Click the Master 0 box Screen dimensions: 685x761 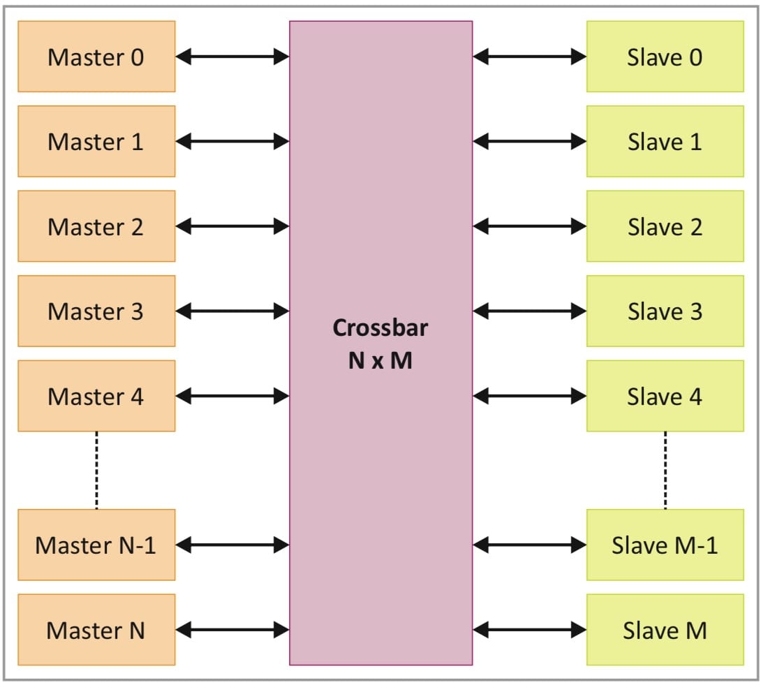[x=96, y=57]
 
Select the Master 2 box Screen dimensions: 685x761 [x=96, y=226]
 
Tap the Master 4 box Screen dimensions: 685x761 [x=96, y=396]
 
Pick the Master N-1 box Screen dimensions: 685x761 [x=96, y=545]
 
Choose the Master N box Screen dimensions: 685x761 [x=96, y=630]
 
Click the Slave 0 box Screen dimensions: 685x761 [x=665, y=57]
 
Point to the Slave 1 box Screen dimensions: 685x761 [x=665, y=141]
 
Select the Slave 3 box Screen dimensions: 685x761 [x=665, y=311]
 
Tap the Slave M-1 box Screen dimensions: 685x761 [x=665, y=545]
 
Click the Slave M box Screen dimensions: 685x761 [x=665, y=630]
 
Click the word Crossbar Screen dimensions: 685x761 [x=380, y=327]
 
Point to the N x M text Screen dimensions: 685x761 [x=380, y=362]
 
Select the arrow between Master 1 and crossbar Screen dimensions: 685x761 [x=232, y=142]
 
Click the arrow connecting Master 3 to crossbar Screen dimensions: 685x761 [x=232, y=311]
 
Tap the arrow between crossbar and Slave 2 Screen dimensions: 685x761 [x=529, y=226]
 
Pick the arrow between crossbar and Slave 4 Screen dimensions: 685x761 [x=529, y=396]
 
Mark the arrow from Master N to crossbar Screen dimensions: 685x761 [x=232, y=630]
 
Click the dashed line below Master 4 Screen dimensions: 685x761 [x=96, y=470]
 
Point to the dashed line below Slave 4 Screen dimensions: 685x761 [x=665, y=470]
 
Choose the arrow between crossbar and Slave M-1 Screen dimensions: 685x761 [x=529, y=545]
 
